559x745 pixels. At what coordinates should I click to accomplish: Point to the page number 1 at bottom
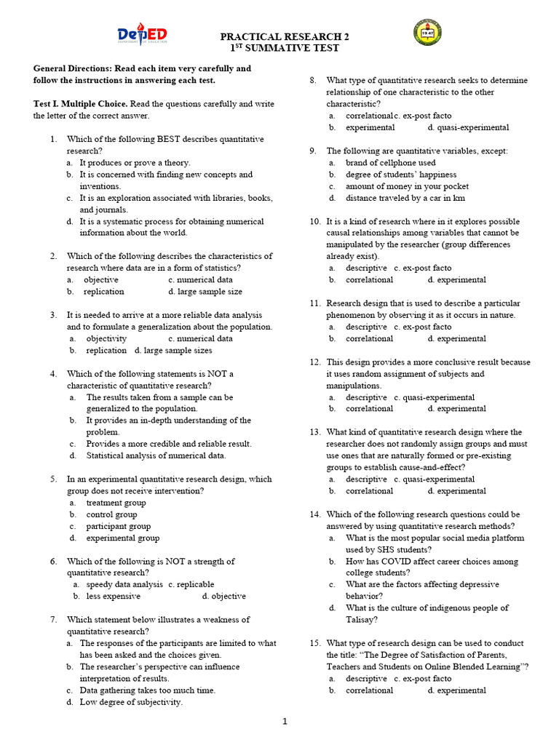point(285,721)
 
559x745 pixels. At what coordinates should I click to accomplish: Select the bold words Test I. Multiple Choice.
point(81,104)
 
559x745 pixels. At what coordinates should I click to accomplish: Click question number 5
point(54,479)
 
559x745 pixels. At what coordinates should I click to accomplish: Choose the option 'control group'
point(111,514)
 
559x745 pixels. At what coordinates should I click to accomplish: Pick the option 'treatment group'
point(116,503)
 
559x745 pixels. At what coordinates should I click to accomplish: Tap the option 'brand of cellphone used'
point(391,163)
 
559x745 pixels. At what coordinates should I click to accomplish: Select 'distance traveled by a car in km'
point(405,198)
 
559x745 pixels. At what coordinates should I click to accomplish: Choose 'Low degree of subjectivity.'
point(131,702)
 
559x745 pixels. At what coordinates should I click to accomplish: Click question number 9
point(312,151)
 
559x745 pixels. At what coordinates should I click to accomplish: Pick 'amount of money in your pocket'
point(407,186)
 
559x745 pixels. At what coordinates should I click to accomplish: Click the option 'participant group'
point(118,526)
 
